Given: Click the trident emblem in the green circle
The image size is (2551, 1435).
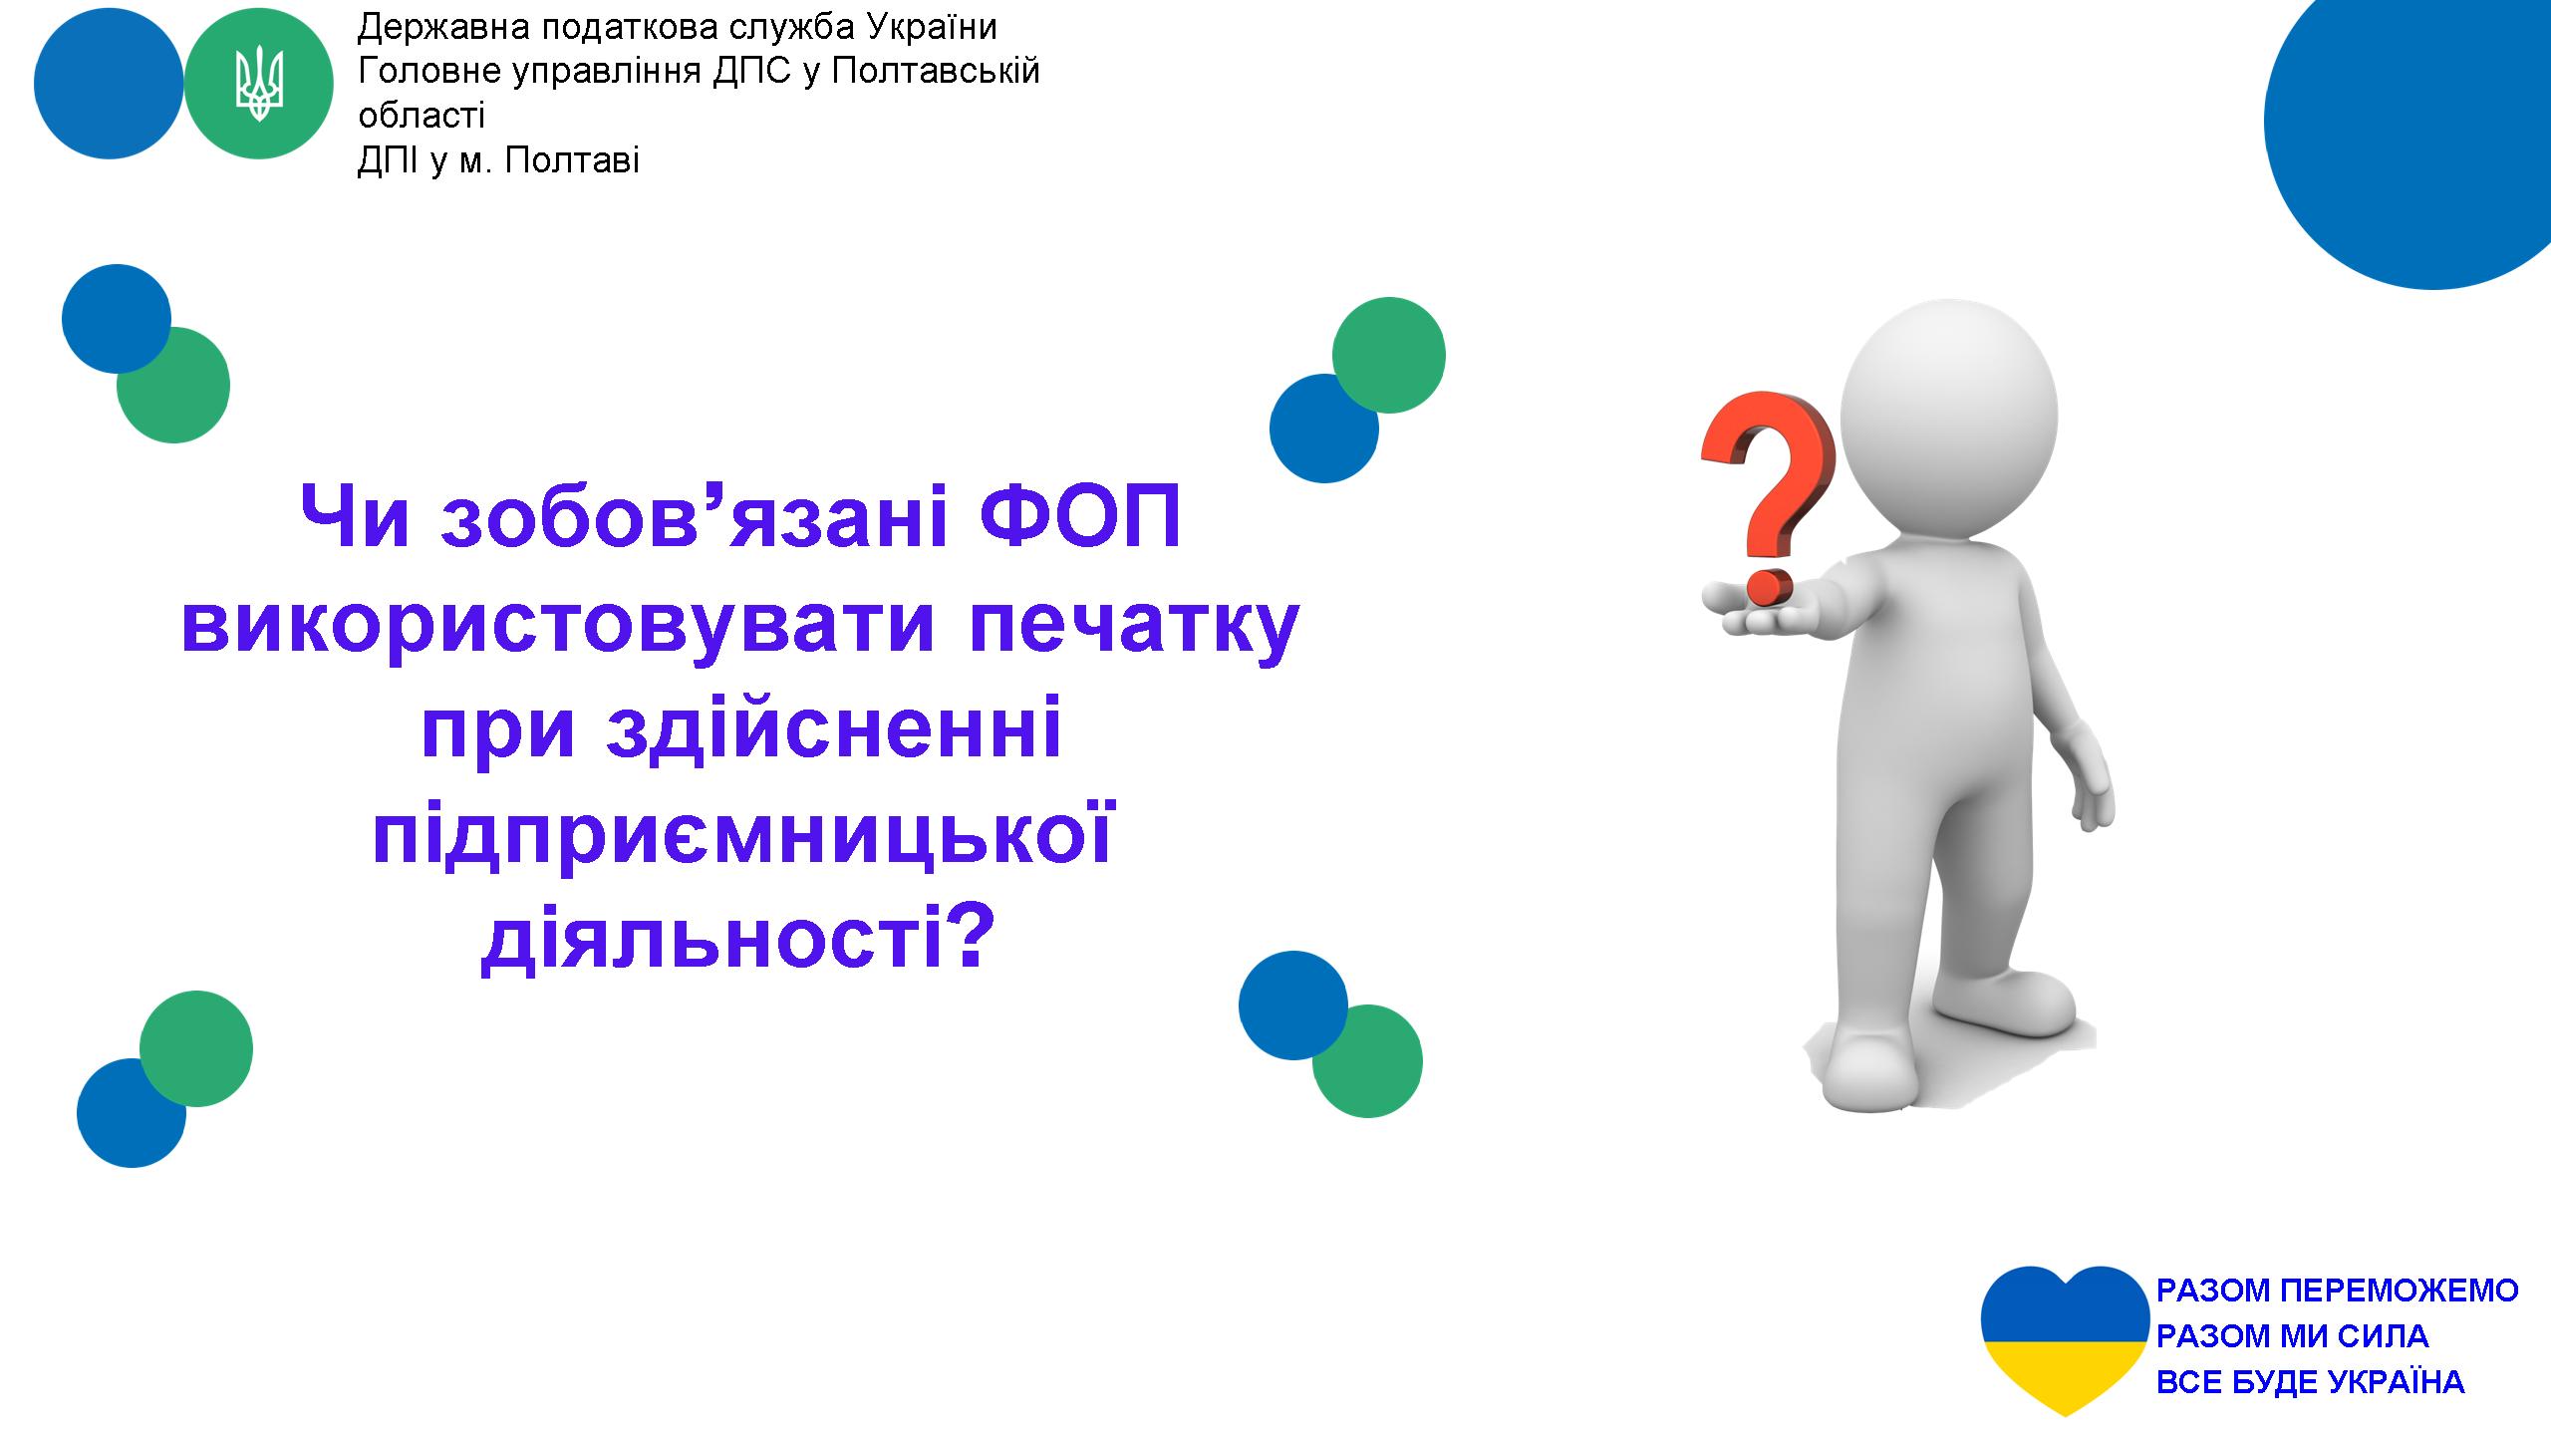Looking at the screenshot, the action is pyautogui.click(x=259, y=85).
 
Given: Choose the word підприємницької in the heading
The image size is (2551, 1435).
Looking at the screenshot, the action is pyautogui.click(x=742, y=837).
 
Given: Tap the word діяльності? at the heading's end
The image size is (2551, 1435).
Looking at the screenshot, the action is pyautogui.click(x=738, y=940).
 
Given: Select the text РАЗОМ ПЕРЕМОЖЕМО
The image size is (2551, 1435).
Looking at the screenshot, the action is pyautogui.click(x=2337, y=1291).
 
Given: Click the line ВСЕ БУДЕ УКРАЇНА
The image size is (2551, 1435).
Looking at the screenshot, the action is pyautogui.click(x=2310, y=1381).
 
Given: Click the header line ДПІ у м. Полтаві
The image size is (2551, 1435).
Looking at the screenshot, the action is pyautogui.click(x=498, y=160).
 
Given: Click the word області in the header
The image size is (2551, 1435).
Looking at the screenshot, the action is pyautogui.click(x=422, y=116).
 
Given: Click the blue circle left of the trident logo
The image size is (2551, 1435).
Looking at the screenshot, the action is pyautogui.click(x=109, y=85).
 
